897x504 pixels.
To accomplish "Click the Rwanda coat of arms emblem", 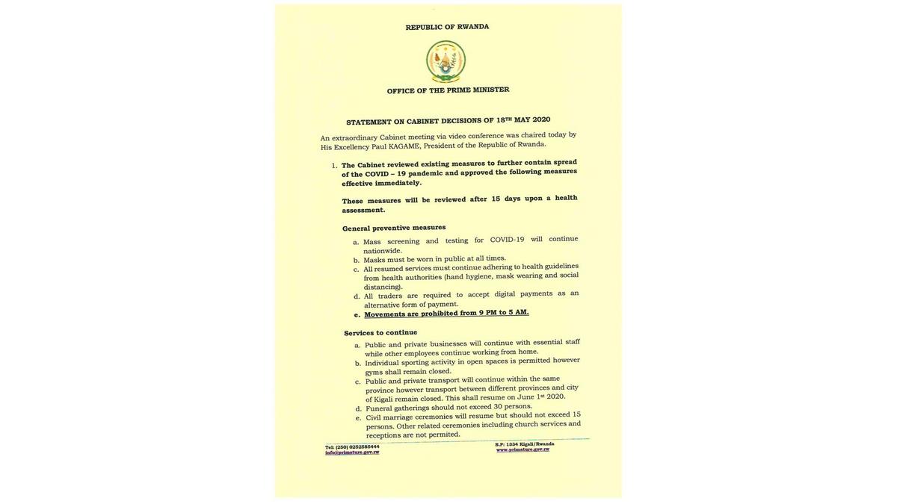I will click(446, 61).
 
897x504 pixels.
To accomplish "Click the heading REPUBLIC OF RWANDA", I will click(447, 27).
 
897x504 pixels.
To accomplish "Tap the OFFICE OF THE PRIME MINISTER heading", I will click(448, 90).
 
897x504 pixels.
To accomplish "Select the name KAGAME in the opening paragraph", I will click(404, 146).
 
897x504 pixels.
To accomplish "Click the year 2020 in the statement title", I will click(541, 119).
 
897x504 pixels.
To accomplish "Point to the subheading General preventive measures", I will click(394, 228).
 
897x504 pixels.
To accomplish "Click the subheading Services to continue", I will click(380, 332).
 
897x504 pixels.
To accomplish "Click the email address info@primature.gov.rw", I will click(352, 452).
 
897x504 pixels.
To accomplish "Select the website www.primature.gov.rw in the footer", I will click(523, 449).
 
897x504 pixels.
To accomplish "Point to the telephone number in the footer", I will click(352, 447).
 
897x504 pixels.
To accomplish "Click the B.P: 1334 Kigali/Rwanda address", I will click(524, 444).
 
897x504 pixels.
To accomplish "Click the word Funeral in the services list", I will click(379, 408).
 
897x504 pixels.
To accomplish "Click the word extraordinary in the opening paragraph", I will click(354, 137).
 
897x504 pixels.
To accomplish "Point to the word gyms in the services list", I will click(374, 372).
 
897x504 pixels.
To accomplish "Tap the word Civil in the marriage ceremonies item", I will click(373, 417).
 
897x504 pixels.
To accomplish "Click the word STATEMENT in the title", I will click(369, 122).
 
